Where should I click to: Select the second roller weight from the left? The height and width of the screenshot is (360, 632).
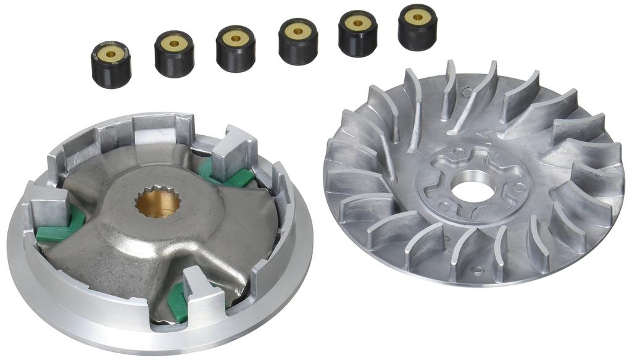coord(173,54)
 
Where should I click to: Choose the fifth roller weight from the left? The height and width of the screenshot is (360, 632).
coord(358,33)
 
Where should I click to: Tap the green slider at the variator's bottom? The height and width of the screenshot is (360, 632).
coord(178,304)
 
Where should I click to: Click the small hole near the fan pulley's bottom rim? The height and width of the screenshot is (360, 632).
coord(476,270)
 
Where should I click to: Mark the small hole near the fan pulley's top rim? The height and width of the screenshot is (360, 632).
coord(467,93)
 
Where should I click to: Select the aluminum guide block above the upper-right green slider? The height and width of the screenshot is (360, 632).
coord(233,149)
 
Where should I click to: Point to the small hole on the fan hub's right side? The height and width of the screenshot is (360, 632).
coord(520,186)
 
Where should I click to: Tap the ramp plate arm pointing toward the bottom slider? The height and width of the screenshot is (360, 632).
coord(179,266)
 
